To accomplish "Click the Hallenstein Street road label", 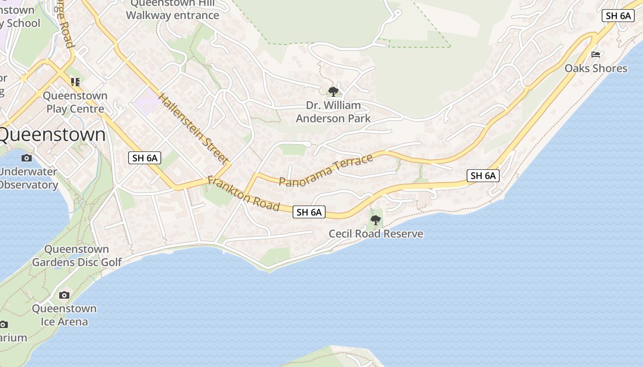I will (193, 128).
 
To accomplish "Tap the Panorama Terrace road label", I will (326, 170).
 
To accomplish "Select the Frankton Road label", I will (243, 194).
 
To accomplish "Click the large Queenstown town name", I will (52, 135).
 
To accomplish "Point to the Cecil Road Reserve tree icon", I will (376, 220).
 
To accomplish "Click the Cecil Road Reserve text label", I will (376, 234).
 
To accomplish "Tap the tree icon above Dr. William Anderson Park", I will (333, 92).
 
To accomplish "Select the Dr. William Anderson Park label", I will (333, 112).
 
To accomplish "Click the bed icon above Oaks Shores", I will (596, 55).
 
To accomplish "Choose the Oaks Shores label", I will (596, 68).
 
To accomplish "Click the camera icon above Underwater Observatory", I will (27, 158).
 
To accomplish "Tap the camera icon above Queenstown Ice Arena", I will (64, 295).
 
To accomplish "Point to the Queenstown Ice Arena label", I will (64, 315).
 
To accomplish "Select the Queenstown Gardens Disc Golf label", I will (77, 256).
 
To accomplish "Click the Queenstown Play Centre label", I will (75, 102).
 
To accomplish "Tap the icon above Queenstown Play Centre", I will (75, 82).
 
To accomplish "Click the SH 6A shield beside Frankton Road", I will (309, 212).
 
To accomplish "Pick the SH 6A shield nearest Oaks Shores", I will (618, 15).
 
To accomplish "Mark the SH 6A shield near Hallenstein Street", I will (145, 158).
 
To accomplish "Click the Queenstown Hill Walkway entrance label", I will (172, 9).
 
